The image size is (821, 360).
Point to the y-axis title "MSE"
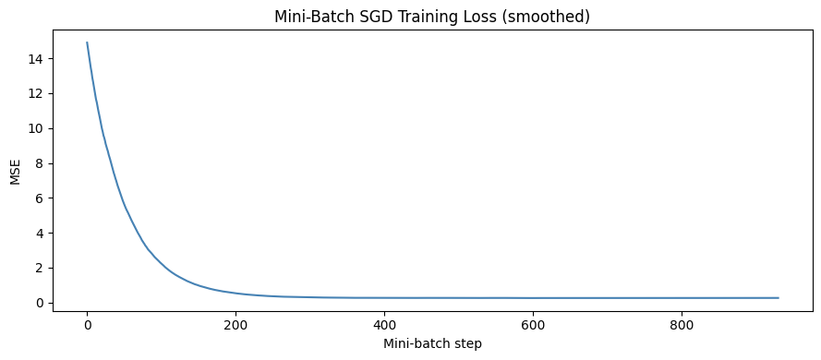(x=15, y=172)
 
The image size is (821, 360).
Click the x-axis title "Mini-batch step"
(x=433, y=343)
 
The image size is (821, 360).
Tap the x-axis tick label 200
(x=235, y=325)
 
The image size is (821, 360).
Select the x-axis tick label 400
(x=384, y=325)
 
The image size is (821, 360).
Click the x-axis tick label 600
(x=533, y=325)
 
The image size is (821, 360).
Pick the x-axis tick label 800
(x=682, y=325)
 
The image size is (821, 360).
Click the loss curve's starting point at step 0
(x=87, y=42)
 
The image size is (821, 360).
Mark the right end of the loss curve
(x=779, y=298)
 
